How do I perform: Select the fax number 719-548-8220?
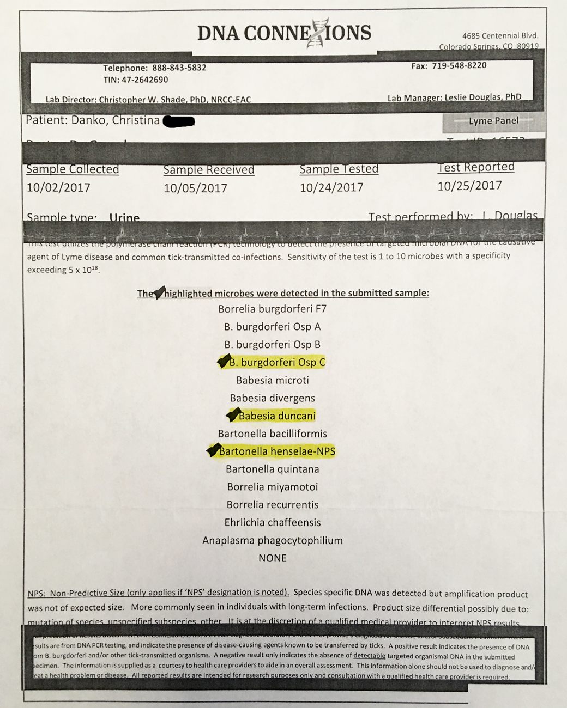coord(459,65)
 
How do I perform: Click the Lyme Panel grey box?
coord(493,121)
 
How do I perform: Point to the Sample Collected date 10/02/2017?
coord(58,188)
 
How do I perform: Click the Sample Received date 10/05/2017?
coord(195,188)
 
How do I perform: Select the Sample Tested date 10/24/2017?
coord(331,188)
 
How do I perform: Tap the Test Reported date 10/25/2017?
coord(469,186)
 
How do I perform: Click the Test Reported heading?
coord(476,167)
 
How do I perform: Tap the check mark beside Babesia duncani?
coord(233,416)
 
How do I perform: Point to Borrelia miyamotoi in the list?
coord(273,487)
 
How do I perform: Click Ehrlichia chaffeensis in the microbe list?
coord(273,522)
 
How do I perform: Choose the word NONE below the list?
coord(273,558)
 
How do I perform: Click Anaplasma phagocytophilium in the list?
coord(273,540)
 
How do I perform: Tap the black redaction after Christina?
coord(179,121)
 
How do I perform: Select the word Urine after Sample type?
coord(124,218)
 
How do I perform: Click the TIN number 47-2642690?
coord(144,80)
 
